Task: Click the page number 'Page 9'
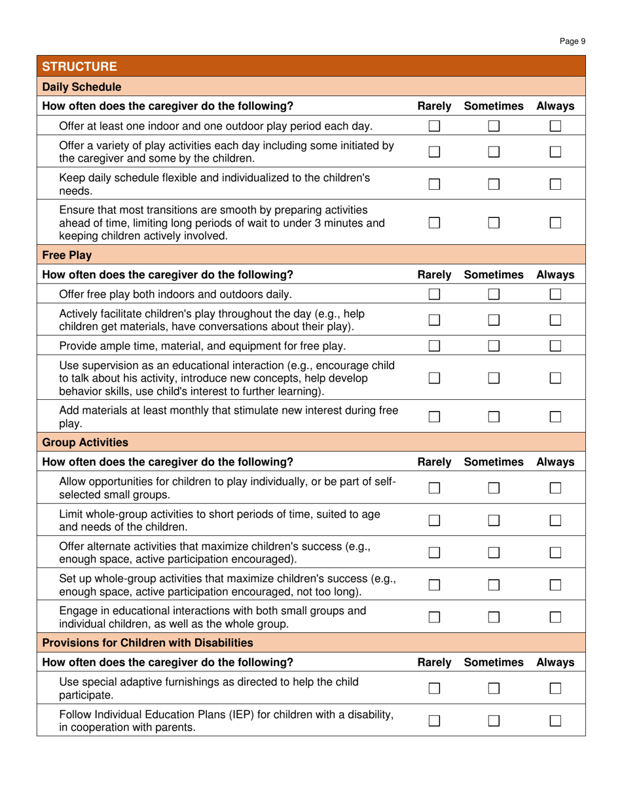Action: click(574, 41)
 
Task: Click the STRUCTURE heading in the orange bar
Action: click(79, 66)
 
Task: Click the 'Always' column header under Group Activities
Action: click(555, 462)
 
